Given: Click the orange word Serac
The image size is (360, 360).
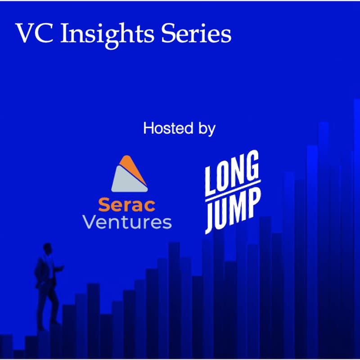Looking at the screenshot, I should pos(127,205).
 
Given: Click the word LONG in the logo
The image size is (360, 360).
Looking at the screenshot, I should pos(231,176).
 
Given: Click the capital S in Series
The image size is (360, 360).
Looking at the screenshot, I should pos(175,33).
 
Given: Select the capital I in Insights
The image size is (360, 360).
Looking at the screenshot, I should pos(64,33).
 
